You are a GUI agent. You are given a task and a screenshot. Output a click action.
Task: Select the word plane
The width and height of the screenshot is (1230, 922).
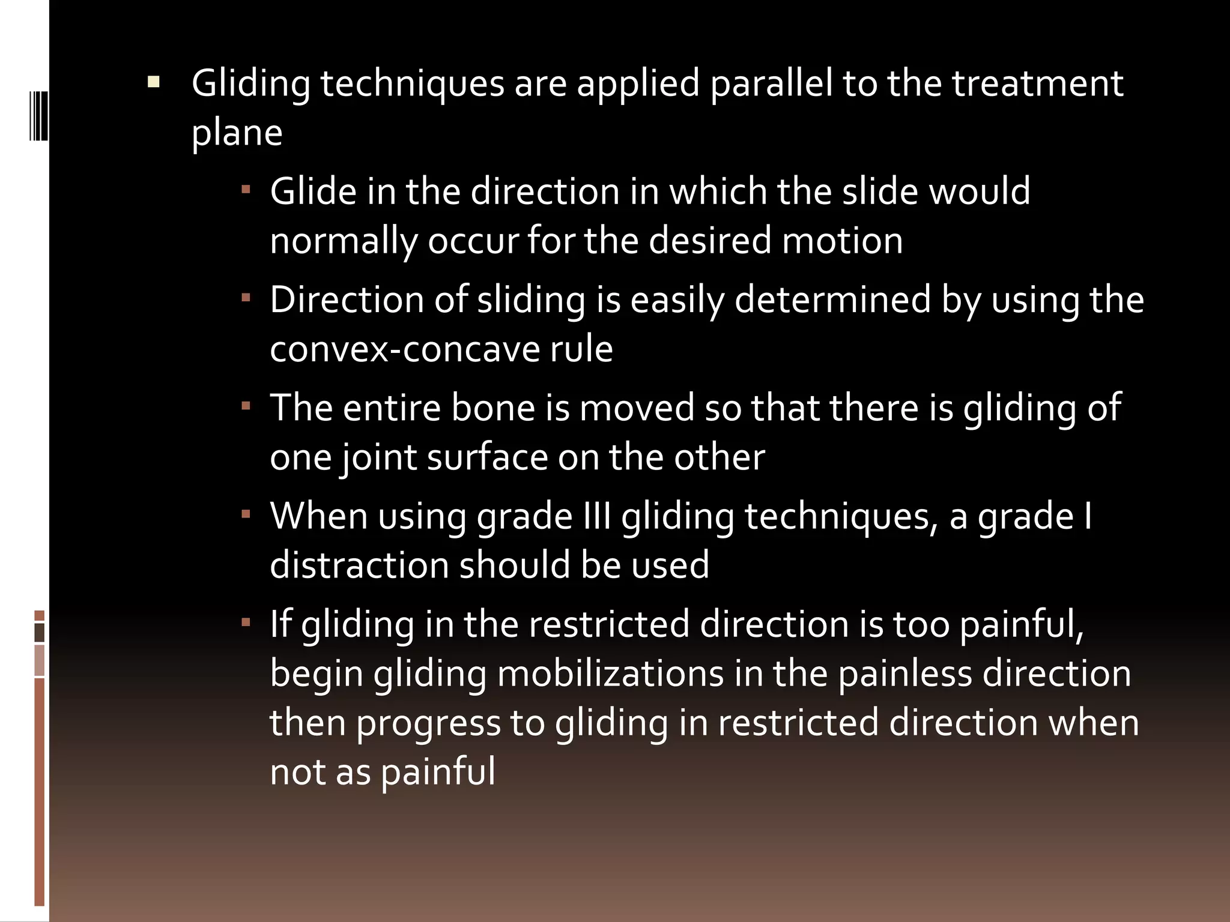237,133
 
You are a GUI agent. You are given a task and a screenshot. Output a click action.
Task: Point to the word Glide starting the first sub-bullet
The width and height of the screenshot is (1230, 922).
312,192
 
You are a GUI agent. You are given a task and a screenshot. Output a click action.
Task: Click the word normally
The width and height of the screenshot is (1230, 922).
343,241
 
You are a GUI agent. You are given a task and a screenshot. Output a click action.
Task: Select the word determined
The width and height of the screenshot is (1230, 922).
832,300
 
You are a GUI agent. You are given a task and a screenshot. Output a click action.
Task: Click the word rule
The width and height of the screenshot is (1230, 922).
581,349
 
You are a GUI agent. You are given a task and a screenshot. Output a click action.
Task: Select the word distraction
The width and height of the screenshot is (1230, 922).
359,565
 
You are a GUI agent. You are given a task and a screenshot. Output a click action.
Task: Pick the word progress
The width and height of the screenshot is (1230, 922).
428,723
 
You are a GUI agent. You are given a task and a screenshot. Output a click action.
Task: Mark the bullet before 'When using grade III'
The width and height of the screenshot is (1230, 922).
246,515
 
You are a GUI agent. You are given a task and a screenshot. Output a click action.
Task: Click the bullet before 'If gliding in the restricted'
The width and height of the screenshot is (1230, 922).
246,623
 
